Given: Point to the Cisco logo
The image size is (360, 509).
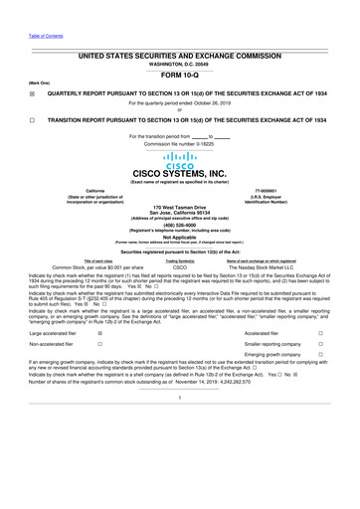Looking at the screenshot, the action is point(180,159).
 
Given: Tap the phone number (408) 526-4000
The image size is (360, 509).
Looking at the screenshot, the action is point(180,225).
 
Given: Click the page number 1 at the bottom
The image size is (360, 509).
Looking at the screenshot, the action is point(180,427).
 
